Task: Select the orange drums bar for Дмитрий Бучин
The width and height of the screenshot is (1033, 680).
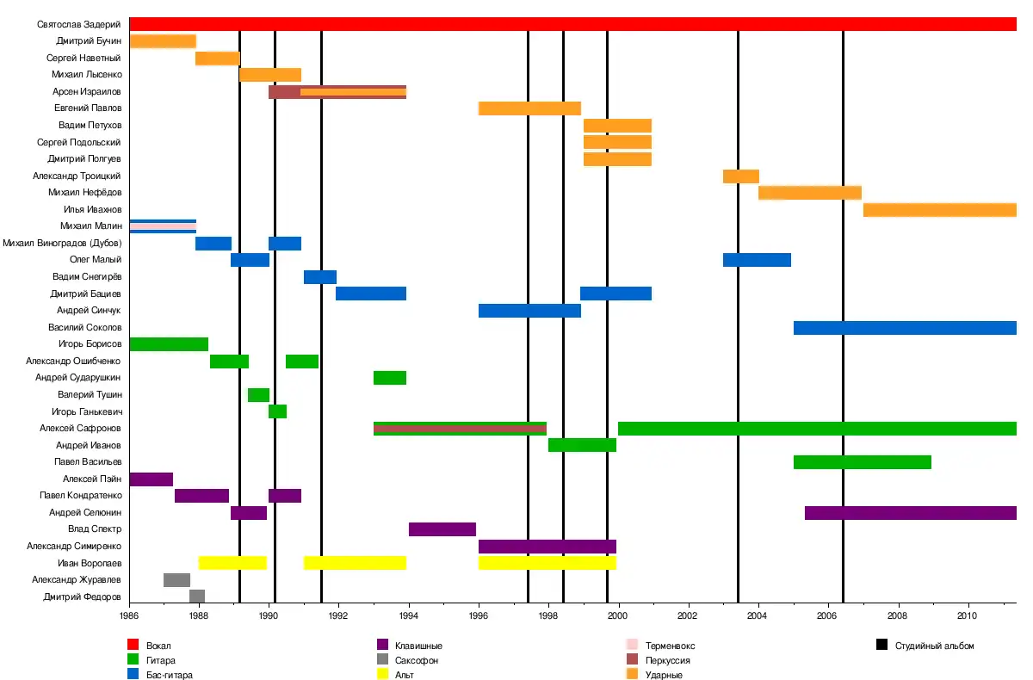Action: click(x=163, y=41)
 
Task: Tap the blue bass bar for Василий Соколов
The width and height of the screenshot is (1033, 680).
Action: click(x=905, y=328)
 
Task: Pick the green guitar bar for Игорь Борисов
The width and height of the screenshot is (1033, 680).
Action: click(x=169, y=344)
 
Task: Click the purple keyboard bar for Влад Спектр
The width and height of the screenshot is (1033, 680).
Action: click(x=442, y=529)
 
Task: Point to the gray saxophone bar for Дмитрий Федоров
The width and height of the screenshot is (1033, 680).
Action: click(x=197, y=597)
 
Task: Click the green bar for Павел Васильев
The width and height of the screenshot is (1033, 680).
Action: click(x=863, y=462)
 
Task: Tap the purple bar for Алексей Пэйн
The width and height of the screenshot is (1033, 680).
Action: click(x=152, y=479)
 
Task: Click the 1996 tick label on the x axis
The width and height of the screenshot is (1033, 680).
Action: click(x=479, y=616)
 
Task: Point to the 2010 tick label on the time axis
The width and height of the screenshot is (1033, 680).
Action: click(x=968, y=616)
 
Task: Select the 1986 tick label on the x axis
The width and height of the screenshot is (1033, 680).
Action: click(x=129, y=616)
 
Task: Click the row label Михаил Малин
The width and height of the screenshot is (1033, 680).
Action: click(x=97, y=226)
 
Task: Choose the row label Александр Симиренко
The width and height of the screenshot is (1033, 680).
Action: click(x=74, y=547)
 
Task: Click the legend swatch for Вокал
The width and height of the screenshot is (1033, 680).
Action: click(x=133, y=645)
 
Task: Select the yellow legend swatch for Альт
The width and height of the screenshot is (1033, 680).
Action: click(x=383, y=675)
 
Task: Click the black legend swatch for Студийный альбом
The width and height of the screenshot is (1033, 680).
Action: click(x=882, y=645)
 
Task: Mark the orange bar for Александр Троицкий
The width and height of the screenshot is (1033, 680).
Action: click(x=741, y=176)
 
